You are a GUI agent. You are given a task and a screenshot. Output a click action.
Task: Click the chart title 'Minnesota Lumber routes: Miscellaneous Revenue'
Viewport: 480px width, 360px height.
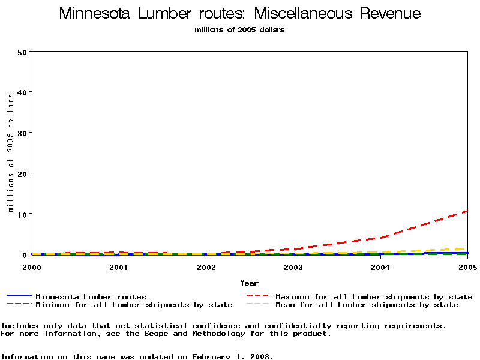(x=240, y=14)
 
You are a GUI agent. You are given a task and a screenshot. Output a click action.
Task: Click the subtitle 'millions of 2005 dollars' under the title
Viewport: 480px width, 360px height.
(x=240, y=30)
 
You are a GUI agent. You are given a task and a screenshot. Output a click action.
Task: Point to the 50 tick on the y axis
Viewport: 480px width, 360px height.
(x=23, y=52)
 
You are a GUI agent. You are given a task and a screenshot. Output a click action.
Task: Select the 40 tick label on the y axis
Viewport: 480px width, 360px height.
(x=23, y=92)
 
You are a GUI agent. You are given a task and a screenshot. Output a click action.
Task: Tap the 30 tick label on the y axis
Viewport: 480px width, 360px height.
(x=23, y=133)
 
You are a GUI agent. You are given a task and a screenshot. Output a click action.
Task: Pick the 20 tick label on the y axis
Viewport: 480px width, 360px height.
(x=23, y=173)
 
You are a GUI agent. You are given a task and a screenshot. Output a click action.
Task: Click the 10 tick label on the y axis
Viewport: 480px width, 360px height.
(x=23, y=214)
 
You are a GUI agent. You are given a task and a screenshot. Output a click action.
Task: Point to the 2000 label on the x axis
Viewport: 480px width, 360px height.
(x=32, y=266)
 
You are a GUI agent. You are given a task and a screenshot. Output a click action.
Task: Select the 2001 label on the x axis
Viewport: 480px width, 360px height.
(x=119, y=266)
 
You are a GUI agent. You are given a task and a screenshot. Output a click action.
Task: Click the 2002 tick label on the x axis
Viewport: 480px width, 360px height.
(x=206, y=266)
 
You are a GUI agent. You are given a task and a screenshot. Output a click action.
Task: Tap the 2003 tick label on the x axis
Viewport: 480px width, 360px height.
(x=293, y=266)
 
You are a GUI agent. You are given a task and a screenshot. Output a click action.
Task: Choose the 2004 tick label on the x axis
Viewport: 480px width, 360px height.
(x=380, y=266)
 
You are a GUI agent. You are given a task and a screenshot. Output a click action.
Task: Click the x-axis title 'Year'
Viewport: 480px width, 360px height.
(x=250, y=283)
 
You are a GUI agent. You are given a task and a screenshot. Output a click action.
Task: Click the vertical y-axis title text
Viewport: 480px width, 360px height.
(x=11, y=153)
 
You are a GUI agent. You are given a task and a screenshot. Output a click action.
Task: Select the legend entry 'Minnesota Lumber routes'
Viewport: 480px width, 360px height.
(x=91, y=296)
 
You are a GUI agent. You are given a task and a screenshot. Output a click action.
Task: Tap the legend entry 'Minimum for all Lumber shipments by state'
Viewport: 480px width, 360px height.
(x=134, y=305)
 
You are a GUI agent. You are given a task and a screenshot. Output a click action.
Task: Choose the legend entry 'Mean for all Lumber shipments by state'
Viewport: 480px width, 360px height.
(x=367, y=305)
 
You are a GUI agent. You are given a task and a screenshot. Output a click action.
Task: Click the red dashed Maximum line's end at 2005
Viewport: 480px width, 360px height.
(x=466, y=211)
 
